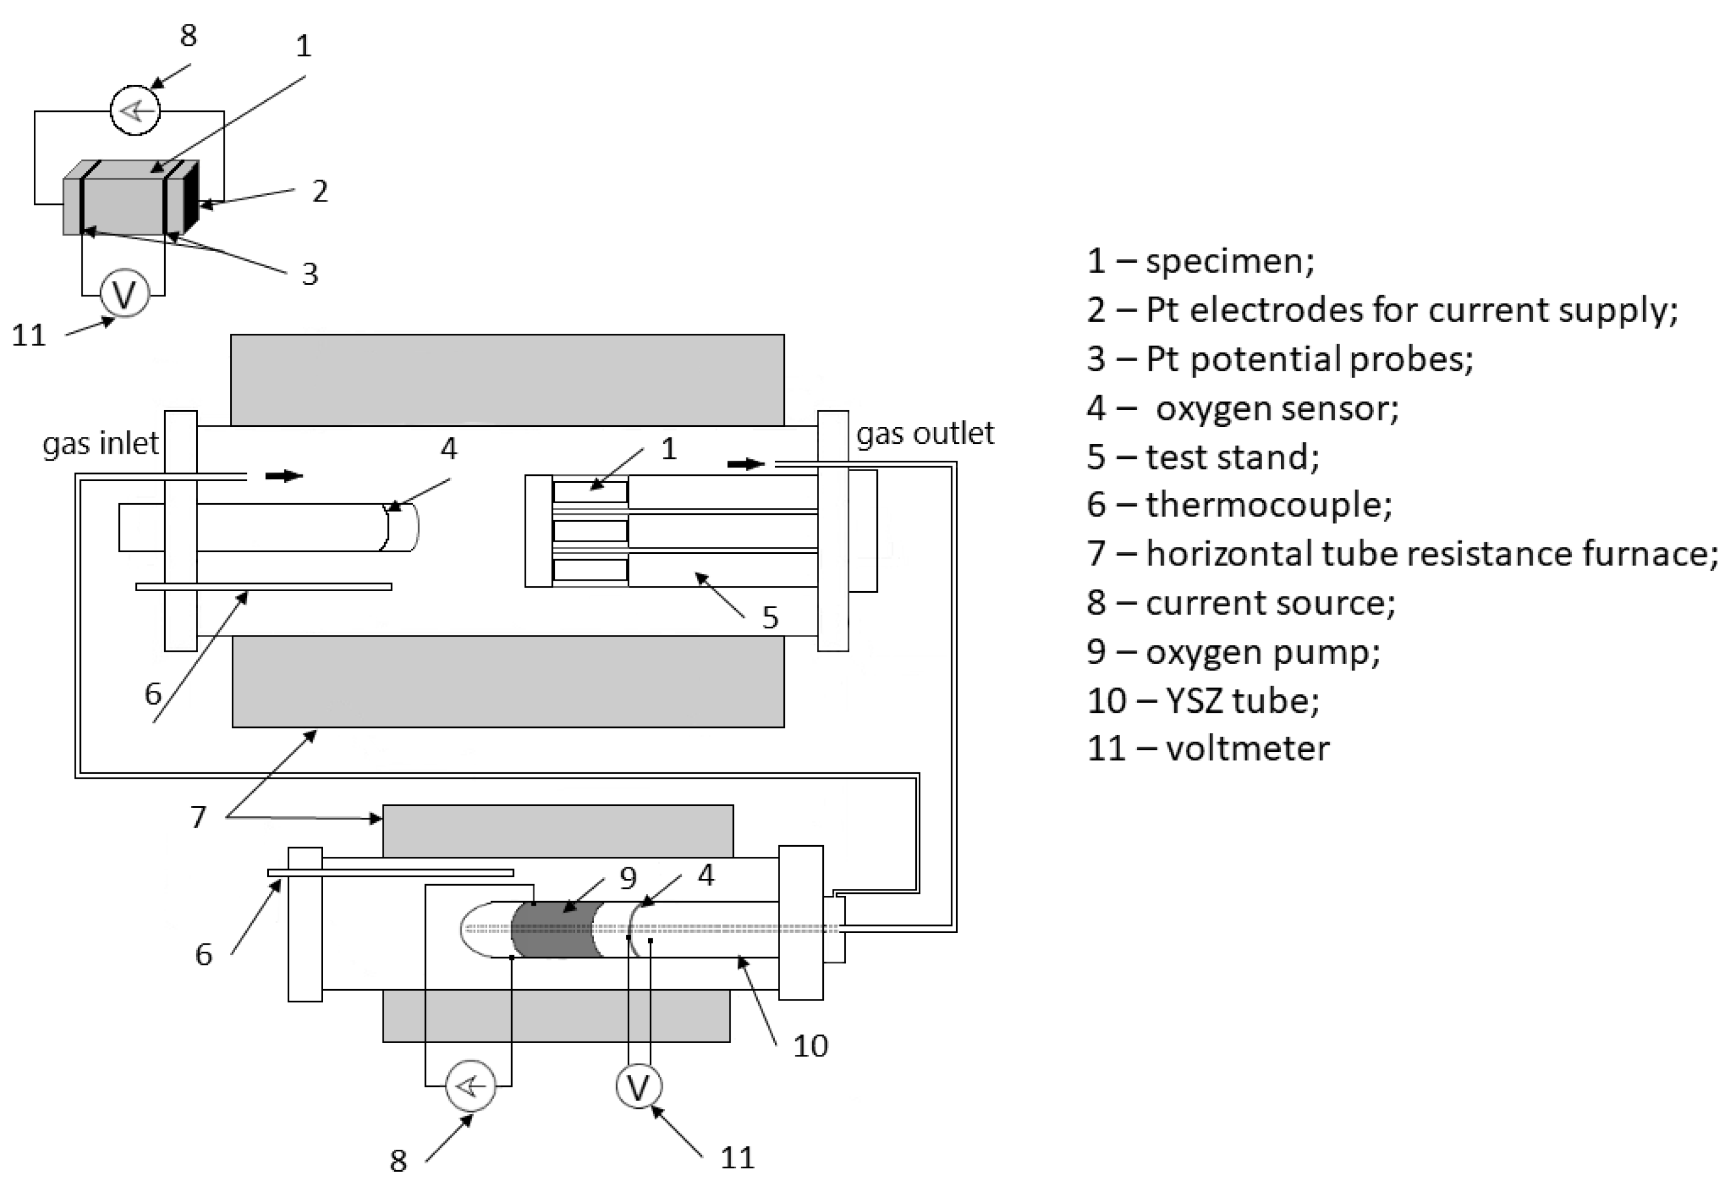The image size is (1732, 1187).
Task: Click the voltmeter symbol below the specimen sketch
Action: pyautogui.click(x=125, y=294)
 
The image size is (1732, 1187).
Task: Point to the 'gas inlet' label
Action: pyautogui.click(x=100, y=444)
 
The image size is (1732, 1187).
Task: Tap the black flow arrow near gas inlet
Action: pyautogui.click(x=284, y=476)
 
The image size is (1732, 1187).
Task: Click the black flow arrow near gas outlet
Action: pyautogui.click(x=745, y=465)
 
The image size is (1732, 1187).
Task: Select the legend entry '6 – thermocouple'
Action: pyautogui.click(x=1239, y=505)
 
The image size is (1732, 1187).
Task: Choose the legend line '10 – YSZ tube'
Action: pyautogui.click(x=1203, y=700)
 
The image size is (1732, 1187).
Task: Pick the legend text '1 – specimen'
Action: pyautogui.click(x=1200, y=261)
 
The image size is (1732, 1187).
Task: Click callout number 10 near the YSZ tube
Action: pyautogui.click(x=810, y=1046)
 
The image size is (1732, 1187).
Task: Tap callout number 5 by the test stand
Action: pyautogui.click(x=770, y=617)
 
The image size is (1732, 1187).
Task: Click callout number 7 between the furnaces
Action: pyautogui.click(x=197, y=817)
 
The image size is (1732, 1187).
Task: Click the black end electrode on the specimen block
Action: pyautogui.click(x=191, y=197)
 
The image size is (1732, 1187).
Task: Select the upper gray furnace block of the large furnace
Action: pyautogui.click(x=507, y=380)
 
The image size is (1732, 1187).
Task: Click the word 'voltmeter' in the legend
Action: pyautogui.click(x=1247, y=748)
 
